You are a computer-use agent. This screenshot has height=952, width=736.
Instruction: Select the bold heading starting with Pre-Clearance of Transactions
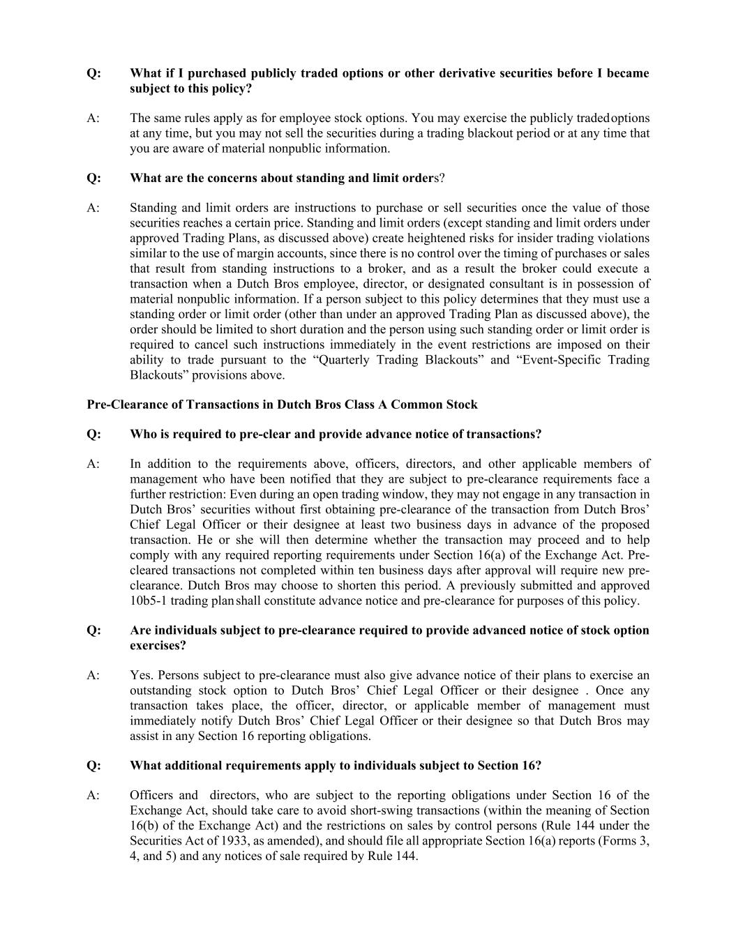282,405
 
